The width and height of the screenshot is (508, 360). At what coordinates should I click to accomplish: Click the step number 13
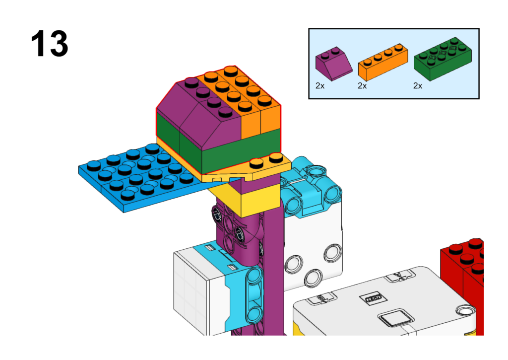click(x=49, y=44)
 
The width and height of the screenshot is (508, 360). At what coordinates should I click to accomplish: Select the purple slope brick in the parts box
click(x=333, y=64)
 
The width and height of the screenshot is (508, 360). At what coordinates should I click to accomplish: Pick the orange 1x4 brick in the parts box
click(x=382, y=62)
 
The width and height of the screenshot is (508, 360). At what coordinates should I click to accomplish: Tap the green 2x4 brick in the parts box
click(x=443, y=59)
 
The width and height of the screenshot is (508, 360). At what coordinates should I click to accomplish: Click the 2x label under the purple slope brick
click(x=320, y=85)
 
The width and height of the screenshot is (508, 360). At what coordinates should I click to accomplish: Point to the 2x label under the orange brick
click(x=362, y=85)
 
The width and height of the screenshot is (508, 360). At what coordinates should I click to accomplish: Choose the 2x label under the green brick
click(x=418, y=85)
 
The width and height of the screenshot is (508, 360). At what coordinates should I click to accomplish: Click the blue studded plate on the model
click(x=139, y=177)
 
